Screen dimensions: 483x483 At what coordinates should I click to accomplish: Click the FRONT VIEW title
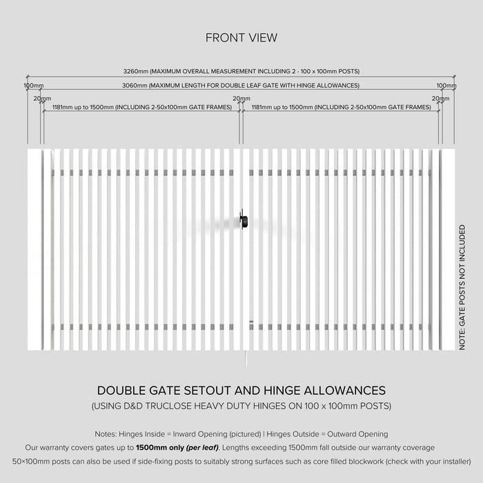pos(241,38)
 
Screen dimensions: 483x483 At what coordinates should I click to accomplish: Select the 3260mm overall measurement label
pos(241,71)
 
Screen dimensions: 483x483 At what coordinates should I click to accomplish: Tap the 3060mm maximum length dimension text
pos(241,86)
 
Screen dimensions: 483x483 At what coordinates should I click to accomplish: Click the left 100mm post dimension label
pos(34,86)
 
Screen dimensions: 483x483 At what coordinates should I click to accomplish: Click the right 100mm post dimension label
pos(446,86)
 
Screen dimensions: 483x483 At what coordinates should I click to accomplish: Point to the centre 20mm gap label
pos(241,99)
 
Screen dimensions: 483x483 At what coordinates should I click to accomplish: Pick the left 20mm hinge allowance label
pos(42,99)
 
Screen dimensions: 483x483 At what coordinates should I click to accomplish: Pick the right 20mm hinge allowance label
pos(440,99)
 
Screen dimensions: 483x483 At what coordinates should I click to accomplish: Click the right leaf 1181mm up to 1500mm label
pos(342,108)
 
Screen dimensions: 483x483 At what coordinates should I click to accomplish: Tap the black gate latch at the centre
pos(243,220)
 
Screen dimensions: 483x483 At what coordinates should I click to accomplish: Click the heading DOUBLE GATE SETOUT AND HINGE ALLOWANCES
pos(241,391)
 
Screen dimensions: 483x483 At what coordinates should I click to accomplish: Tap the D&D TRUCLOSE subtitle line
pos(241,406)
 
